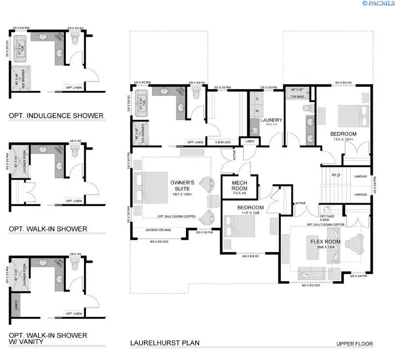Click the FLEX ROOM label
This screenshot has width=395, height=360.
(326, 242)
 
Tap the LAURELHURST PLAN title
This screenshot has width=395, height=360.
(165, 343)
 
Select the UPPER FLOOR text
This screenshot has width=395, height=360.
(354, 344)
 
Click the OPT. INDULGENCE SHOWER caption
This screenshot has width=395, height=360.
(56, 116)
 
